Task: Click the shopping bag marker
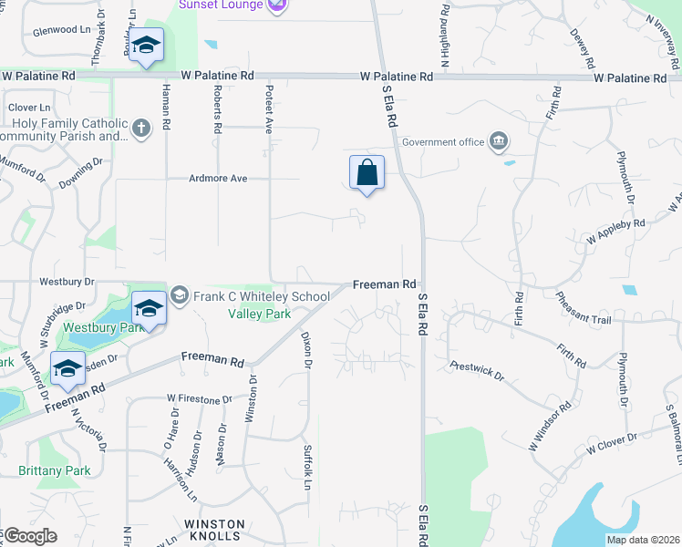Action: point(367,172)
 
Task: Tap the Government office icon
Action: point(499,141)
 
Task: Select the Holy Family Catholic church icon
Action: point(140,129)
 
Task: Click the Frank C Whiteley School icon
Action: point(179,295)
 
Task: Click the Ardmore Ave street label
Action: point(219,179)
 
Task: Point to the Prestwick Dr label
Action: point(477,369)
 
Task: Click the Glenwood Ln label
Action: point(67,30)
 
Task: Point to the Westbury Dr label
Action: point(67,281)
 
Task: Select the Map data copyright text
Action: point(643,540)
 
